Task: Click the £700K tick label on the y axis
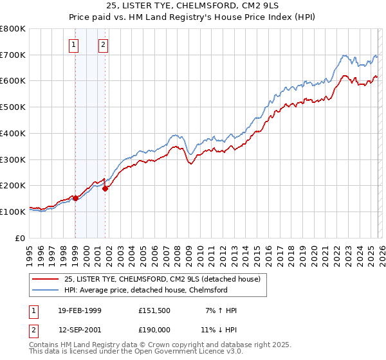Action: pyautogui.click(x=13, y=55)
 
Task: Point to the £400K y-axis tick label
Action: pyautogui.click(x=13, y=133)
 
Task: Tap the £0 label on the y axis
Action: pyautogui.click(x=21, y=238)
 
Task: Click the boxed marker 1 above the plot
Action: pyautogui.click(x=75, y=44)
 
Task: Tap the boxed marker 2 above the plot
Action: pyautogui.click(x=103, y=44)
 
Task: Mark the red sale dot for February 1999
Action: pyautogui.click(x=75, y=198)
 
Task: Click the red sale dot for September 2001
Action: pyautogui.click(x=105, y=188)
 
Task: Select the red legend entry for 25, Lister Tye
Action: pyautogui.click(x=161, y=279)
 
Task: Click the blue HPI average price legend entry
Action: pyautogui.click(x=145, y=290)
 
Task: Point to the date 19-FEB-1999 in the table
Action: pyautogui.click(x=80, y=310)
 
